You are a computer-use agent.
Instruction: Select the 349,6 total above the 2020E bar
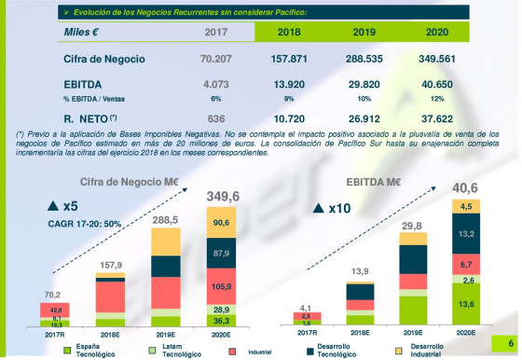pyautogui.click(x=221, y=196)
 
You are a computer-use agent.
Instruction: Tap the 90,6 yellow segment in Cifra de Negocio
pyautogui.click(x=221, y=222)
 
